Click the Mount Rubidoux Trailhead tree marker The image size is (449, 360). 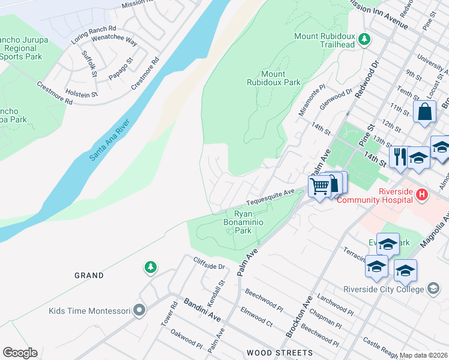[x=364, y=40]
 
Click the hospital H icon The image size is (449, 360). [x=422, y=196]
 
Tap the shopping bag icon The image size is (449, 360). [x=424, y=112]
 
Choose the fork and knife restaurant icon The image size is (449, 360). [x=399, y=156]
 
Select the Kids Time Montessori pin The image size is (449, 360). [x=140, y=311]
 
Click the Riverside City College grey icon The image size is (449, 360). [x=432, y=289]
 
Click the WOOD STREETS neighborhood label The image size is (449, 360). [x=279, y=353]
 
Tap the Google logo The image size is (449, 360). [x=20, y=353]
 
